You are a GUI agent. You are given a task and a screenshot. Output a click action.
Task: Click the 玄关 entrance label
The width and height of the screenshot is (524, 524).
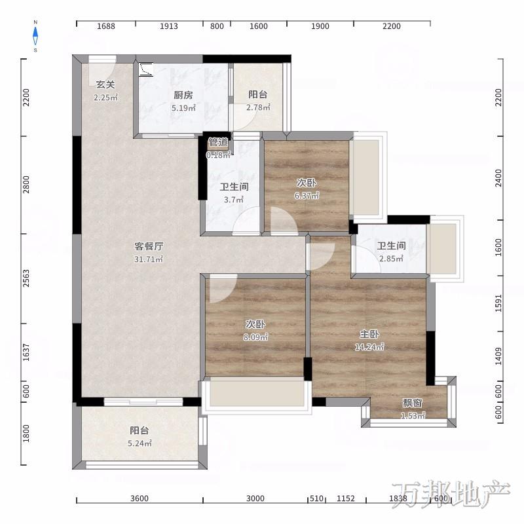pos(105,84)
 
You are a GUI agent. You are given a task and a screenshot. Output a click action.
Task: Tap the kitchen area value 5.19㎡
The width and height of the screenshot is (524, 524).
pos(183,108)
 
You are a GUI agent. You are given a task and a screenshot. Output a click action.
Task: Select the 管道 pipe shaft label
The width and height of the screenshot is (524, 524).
pos(218,142)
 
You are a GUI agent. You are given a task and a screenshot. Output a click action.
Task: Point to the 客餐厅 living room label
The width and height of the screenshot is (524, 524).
pos(149,246)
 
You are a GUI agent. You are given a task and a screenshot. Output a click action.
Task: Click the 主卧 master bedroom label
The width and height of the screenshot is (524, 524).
pos(369,334)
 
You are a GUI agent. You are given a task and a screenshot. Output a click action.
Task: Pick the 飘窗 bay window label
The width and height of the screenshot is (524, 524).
pos(413,403)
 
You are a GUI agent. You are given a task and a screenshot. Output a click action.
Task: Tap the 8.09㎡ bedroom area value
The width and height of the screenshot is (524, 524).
pos(255,337)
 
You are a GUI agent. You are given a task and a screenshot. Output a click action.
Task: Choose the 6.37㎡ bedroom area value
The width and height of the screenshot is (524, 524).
pos(307,195)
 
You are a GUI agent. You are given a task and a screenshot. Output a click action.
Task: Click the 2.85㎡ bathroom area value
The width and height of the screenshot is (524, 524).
pos(391,259)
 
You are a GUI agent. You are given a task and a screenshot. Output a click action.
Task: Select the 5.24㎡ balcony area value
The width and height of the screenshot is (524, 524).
pos(140,443)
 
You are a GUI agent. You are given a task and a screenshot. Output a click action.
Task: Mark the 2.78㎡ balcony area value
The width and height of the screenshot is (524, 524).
pos(258,107)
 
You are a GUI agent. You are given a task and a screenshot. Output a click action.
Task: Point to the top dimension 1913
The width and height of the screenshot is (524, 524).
pos(169,26)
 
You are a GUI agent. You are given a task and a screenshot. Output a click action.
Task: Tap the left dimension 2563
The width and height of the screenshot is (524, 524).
pos(26,278)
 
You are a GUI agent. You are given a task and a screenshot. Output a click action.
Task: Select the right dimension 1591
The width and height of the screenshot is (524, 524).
pos(498,303)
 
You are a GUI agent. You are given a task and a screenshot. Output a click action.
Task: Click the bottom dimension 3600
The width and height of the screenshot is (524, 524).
pos(140,498)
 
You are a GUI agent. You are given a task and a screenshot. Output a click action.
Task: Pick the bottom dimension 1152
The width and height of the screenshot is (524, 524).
pos(346,498)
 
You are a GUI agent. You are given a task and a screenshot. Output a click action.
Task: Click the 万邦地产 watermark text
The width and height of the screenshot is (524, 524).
pos(451,494)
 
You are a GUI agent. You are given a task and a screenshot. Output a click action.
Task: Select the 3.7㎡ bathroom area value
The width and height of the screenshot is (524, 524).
pos(234,200)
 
